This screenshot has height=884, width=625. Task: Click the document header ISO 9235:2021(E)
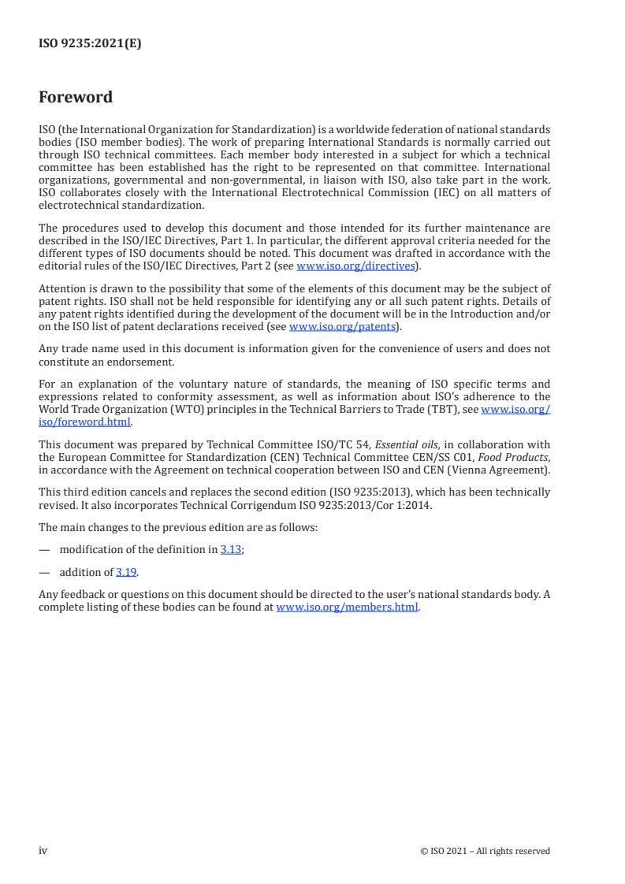point(90,44)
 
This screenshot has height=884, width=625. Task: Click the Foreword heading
point(76,98)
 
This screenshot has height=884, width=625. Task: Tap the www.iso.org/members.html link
point(347,607)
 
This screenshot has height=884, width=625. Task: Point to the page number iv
point(43,850)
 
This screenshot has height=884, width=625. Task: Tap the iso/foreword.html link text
point(84,421)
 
